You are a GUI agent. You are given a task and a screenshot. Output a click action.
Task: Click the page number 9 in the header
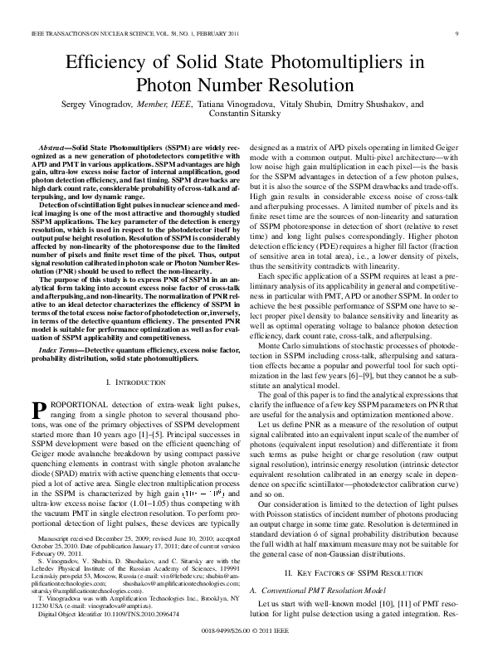(x=457, y=33)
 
